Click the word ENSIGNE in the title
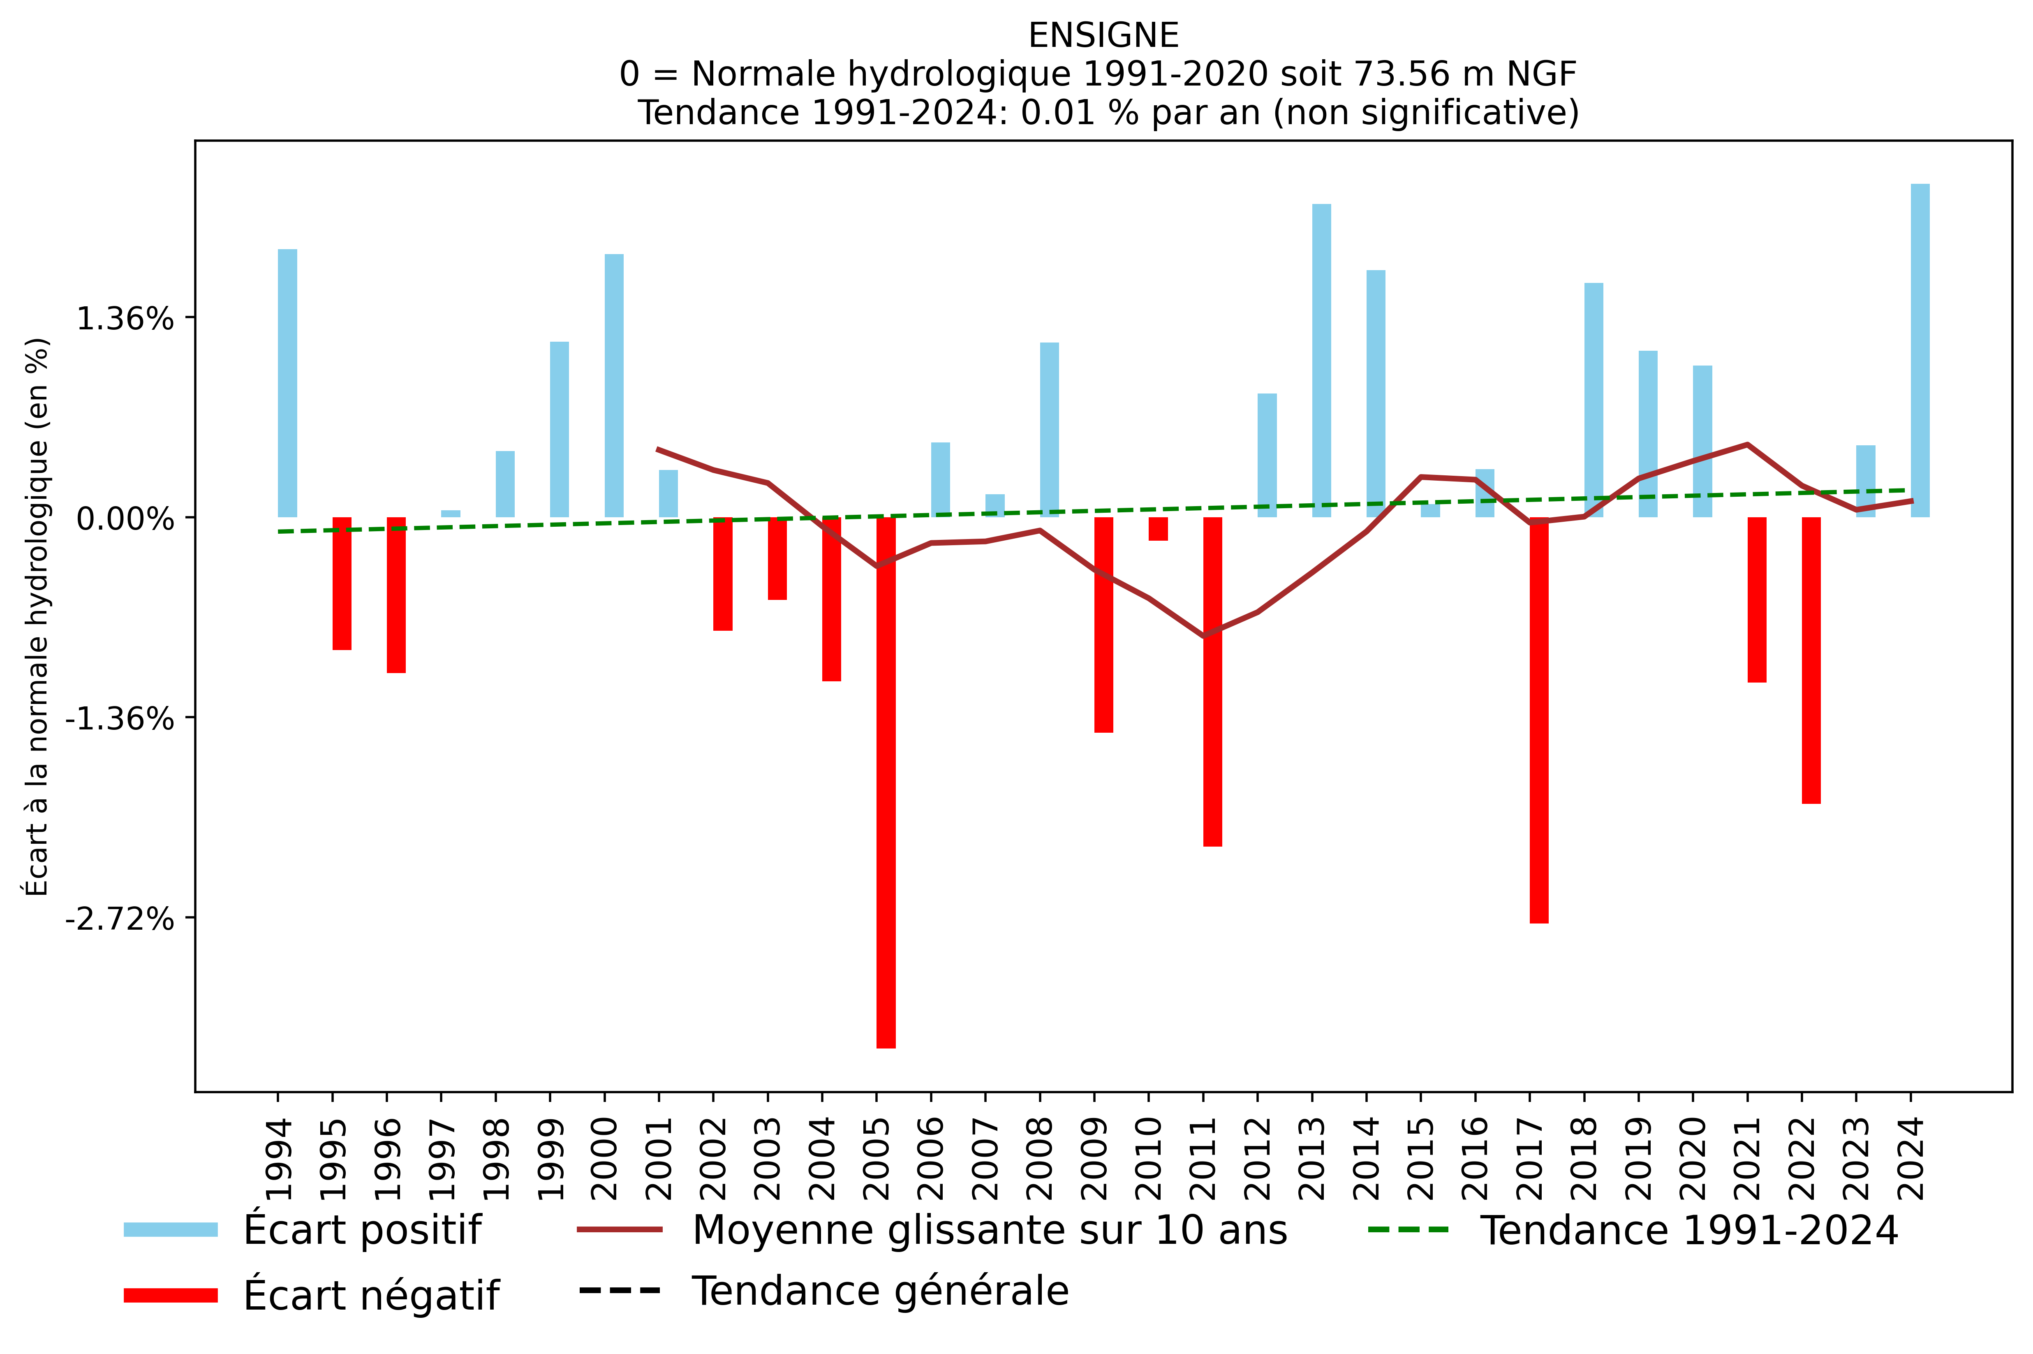click(1103, 35)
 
